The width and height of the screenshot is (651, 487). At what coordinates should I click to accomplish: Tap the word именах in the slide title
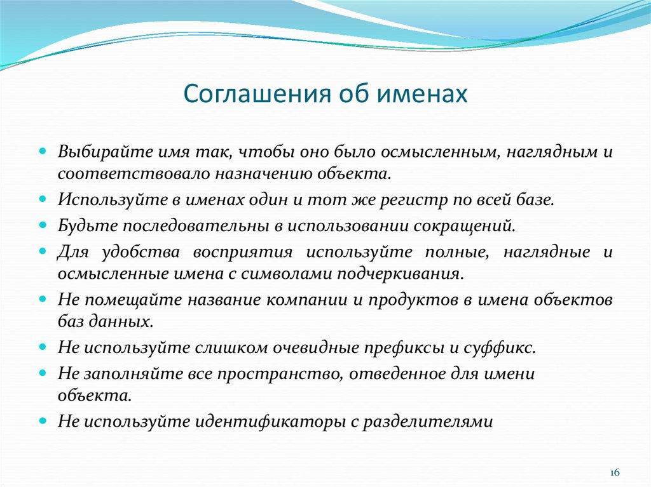click(426, 93)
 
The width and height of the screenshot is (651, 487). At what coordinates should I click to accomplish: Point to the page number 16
click(615, 472)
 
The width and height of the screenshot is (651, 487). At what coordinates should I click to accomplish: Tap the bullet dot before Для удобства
click(43, 251)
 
